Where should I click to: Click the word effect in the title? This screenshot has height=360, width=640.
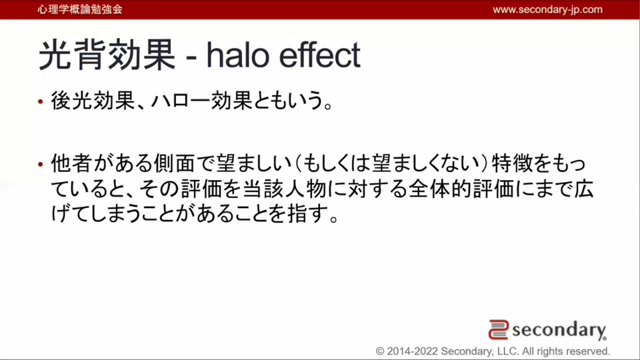click(319, 55)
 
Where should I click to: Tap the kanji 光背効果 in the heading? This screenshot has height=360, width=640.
click(107, 55)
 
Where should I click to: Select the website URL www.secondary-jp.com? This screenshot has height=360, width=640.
click(547, 9)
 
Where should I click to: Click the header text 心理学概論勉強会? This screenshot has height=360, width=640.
click(80, 9)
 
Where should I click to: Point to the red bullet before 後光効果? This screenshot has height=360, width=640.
click(41, 101)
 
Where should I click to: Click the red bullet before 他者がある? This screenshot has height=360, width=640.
click(41, 165)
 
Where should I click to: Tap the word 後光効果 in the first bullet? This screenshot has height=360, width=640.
click(93, 101)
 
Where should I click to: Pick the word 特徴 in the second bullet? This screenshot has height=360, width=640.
click(512, 164)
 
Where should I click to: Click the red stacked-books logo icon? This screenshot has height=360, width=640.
click(499, 330)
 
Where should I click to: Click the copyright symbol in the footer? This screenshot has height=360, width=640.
click(380, 351)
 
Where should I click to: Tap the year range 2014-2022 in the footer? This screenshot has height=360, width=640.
click(412, 351)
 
